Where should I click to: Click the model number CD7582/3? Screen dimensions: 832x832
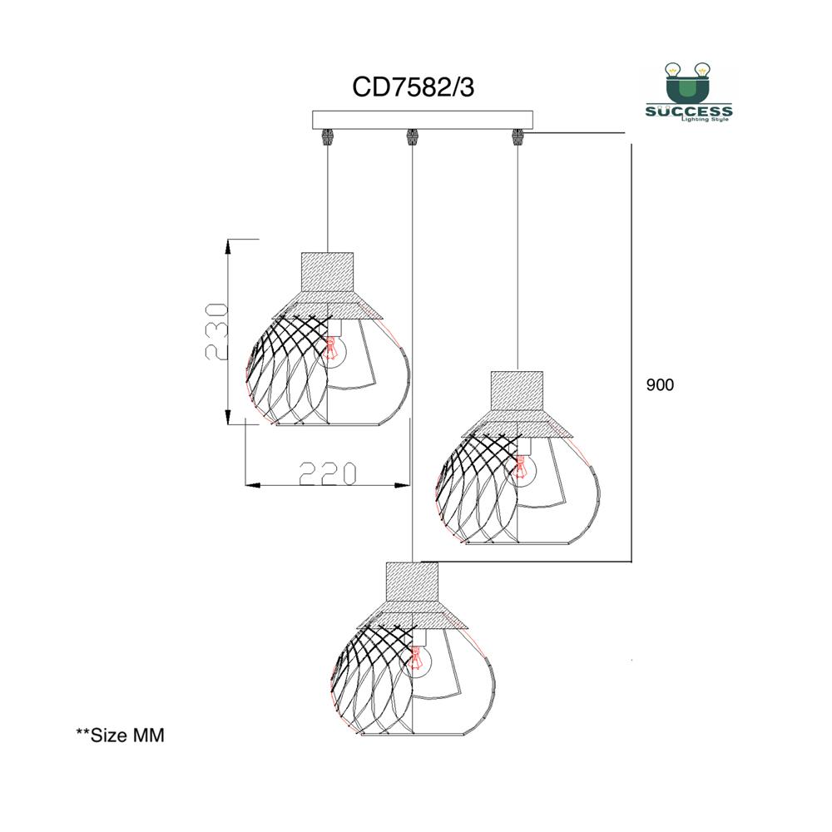point(413,87)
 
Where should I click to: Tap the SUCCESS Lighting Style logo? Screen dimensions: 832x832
point(688,92)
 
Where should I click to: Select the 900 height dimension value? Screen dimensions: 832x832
point(660,384)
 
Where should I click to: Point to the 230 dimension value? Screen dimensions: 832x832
point(217,332)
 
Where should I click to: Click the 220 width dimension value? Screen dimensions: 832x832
point(327,473)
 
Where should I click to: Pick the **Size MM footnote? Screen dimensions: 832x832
point(121,735)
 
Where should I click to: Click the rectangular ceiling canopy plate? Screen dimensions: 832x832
point(423,120)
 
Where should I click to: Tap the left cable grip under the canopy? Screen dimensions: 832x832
point(327,137)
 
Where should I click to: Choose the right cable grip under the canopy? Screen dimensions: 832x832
point(518,137)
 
